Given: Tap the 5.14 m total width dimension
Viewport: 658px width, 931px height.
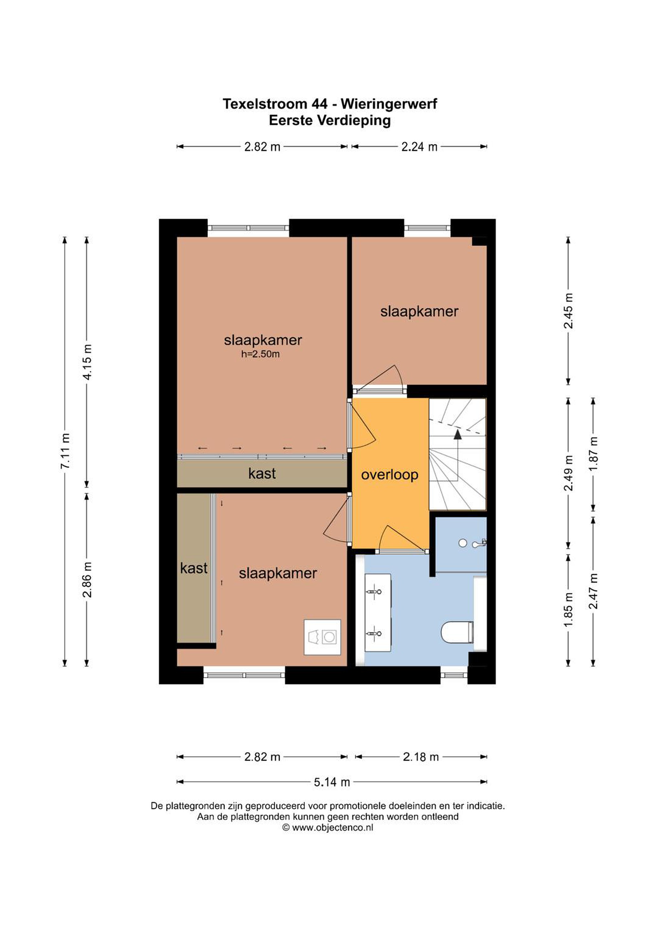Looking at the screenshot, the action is pyautogui.click(x=332, y=782).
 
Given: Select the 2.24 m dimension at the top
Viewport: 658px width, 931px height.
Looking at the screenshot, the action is pyautogui.click(x=419, y=146).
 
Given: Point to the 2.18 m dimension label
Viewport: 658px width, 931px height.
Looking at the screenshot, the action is pyautogui.click(x=421, y=757).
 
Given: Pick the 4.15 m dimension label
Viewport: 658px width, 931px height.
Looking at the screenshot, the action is pyautogui.click(x=87, y=361).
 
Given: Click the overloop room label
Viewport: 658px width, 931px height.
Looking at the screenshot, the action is pyautogui.click(x=390, y=475).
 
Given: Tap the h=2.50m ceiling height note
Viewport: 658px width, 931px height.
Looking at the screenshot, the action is pyautogui.click(x=260, y=354).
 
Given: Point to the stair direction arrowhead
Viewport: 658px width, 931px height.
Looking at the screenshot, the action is pyautogui.click(x=458, y=435).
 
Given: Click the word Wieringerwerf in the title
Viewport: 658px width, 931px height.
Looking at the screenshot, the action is pyautogui.click(x=389, y=104).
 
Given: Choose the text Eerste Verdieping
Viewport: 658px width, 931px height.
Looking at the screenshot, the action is pyautogui.click(x=330, y=121).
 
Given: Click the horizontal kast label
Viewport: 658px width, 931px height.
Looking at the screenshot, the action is pyautogui.click(x=262, y=473).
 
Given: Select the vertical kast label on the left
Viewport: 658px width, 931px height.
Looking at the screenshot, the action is pyautogui.click(x=194, y=568).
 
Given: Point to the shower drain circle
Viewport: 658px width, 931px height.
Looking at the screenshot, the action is pyautogui.click(x=462, y=543).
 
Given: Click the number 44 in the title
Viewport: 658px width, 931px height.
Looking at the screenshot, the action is pyautogui.click(x=320, y=104).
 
